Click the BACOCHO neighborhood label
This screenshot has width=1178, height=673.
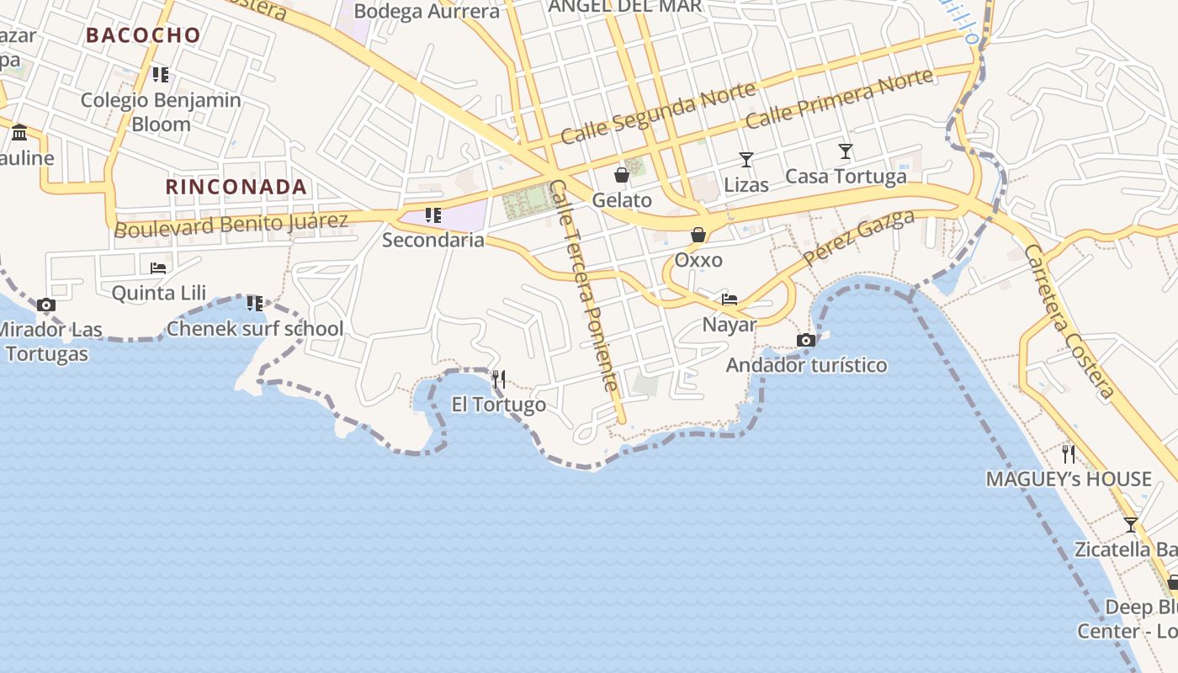(143, 35)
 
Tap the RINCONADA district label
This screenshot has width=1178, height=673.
(236, 187)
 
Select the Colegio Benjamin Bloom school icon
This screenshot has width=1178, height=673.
(161, 75)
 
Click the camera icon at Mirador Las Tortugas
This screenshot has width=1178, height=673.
(46, 305)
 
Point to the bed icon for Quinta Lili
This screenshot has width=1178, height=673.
(158, 268)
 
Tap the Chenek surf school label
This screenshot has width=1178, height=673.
(255, 328)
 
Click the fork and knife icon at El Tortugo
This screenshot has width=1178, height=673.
(499, 379)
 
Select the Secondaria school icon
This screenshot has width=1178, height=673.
(433, 215)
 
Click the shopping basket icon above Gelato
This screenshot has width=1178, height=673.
(622, 175)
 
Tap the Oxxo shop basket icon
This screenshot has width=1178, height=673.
(698, 235)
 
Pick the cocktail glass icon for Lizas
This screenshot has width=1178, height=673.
(746, 159)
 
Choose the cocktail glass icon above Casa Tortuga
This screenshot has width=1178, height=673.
(846, 151)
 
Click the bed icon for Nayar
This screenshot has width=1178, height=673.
(730, 299)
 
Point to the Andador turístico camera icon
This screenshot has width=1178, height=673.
(806, 341)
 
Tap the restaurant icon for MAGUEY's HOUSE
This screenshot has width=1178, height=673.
(1069, 454)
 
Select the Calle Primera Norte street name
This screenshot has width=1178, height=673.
(839, 98)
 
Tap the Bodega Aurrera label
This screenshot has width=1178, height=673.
(427, 11)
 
